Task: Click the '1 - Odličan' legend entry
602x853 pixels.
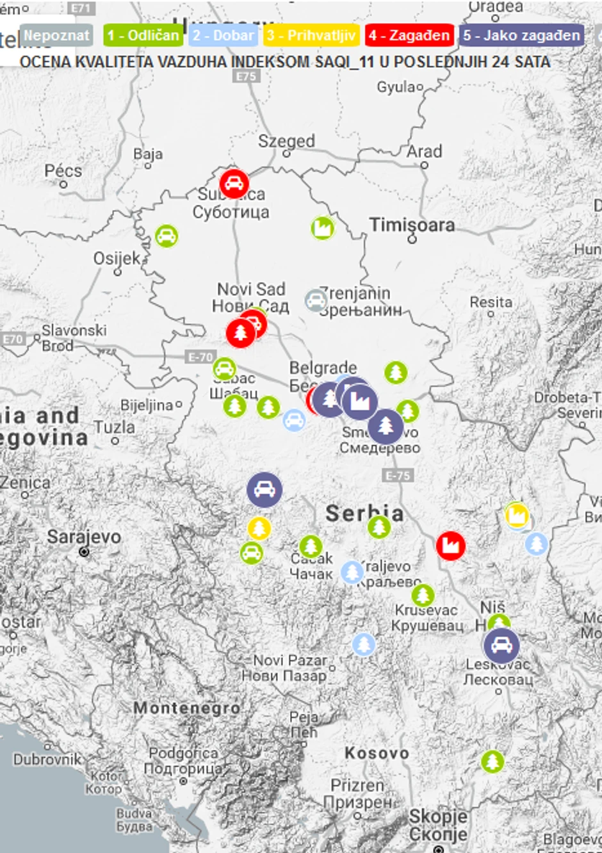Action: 143,35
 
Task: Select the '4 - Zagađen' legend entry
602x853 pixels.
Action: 409,35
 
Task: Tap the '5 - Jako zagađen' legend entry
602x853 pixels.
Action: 521,35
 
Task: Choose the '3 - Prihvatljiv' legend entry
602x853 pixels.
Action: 311,35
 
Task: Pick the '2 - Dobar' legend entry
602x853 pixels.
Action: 223,35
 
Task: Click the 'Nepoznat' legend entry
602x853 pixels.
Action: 56,35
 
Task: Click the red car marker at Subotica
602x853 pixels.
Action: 234,184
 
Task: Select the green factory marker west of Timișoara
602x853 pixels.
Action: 323,227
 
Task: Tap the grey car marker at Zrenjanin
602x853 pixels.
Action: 316,300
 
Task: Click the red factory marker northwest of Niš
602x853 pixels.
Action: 451,546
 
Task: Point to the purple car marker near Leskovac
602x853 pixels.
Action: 501,646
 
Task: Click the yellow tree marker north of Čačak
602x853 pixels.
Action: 259,528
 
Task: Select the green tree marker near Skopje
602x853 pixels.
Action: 492,761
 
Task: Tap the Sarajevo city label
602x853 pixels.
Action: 83,537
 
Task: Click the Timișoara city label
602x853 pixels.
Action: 412,225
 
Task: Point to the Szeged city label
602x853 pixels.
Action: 286,141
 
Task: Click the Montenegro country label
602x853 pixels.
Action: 186,708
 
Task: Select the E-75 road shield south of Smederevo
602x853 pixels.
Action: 398,475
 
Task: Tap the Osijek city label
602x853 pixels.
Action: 117,258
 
